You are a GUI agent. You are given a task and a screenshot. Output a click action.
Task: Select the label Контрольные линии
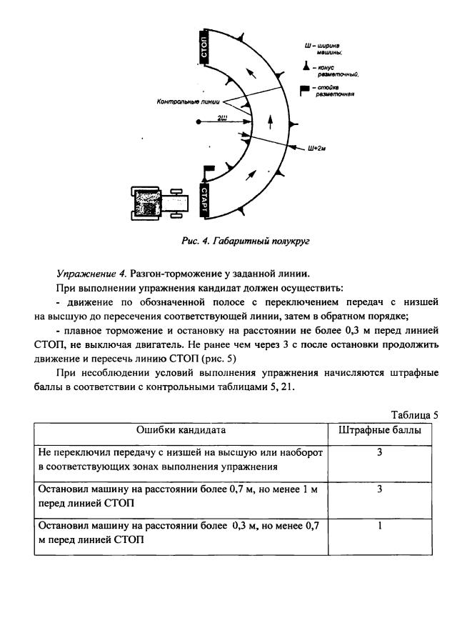pyautogui.click(x=188, y=101)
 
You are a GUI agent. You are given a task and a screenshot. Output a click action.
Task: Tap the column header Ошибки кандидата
pyautogui.click(x=181, y=430)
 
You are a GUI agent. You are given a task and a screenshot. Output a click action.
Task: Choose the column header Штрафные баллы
pyautogui.click(x=379, y=430)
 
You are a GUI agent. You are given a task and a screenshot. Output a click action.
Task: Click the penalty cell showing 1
pyautogui.click(x=380, y=525)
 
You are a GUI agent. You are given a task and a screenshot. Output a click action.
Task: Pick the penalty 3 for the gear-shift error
pyautogui.click(x=380, y=452)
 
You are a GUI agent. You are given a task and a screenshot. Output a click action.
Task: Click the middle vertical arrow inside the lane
pyautogui.click(x=269, y=122)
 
